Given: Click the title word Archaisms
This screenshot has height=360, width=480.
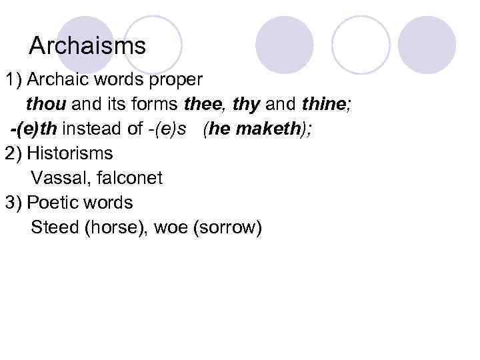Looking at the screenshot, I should [87, 46].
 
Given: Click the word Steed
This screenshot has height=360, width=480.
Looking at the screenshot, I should [55, 227].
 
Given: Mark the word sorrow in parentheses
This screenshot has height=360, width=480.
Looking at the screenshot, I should [227, 227].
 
